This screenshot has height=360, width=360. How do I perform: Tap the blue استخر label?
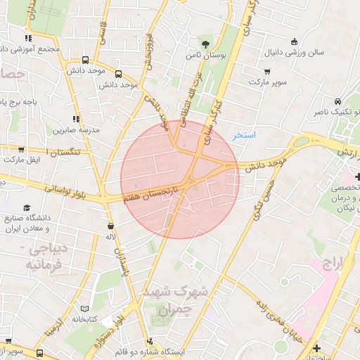(244, 134)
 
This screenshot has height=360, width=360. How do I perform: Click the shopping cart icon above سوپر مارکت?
(267, 71)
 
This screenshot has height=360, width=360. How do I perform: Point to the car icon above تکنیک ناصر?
(338, 100)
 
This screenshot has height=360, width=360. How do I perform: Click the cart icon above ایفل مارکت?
(22, 149)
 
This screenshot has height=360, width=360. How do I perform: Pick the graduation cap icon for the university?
(27, 207)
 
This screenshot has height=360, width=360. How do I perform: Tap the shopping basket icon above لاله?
(110, 226)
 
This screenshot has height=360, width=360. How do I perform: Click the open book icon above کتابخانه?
(84, 308)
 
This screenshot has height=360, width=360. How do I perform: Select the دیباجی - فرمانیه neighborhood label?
(44, 257)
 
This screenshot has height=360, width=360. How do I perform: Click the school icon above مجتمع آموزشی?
(27, 38)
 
